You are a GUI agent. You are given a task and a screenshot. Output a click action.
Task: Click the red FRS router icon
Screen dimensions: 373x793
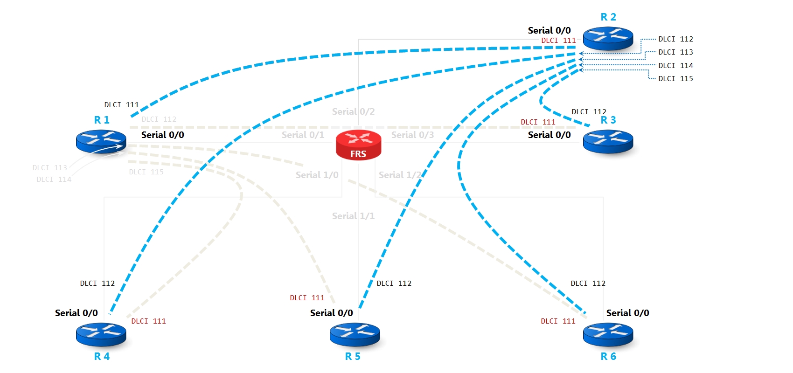pos(358,145)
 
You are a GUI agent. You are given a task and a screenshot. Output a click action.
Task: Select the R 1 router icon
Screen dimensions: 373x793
pos(101,141)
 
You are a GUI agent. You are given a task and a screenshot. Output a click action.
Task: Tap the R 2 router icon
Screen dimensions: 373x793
pos(608,38)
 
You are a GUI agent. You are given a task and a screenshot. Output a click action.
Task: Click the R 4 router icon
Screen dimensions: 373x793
pos(101,335)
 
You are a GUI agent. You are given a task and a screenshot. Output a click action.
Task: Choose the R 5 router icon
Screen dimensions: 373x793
pos(355,335)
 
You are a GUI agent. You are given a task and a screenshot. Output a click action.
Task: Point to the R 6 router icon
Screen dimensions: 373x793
pos(608,335)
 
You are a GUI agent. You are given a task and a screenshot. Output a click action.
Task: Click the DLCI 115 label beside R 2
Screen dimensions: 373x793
pos(675,79)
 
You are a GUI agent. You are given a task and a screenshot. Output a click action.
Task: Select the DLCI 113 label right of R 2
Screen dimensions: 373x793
pos(675,52)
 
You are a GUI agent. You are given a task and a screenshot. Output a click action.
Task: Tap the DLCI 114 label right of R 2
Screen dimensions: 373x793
pos(675,66)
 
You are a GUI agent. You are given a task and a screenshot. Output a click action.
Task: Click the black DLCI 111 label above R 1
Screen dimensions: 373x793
pos(121,105)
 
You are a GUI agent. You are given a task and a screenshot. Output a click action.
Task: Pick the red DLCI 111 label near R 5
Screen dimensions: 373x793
pos(307,298)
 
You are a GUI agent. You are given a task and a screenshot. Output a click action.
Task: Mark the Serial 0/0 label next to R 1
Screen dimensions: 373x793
pos(163,135)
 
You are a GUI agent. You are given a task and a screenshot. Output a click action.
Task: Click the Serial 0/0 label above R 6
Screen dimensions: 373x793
pos(627,313)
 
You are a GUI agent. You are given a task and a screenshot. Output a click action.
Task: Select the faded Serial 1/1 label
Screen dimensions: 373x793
pos(353,216)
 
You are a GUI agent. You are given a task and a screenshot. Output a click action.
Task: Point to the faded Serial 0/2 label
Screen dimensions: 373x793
pos(353,111)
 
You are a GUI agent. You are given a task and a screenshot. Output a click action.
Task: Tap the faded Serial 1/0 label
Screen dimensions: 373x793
pos(317,175)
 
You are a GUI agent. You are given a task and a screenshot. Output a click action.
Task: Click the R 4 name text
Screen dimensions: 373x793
pos(102,356)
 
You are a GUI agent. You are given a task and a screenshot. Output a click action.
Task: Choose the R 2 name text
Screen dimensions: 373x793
pos(608,17)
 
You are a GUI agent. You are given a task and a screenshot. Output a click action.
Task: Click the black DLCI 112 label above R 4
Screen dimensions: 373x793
pos(97,283)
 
